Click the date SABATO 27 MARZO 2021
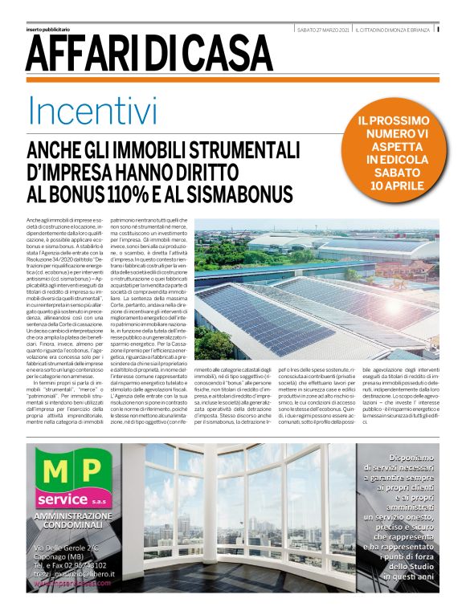(x=322, y=30)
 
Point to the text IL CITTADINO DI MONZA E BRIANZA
(x=394, y=30)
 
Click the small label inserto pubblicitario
(x=49, y=30)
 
